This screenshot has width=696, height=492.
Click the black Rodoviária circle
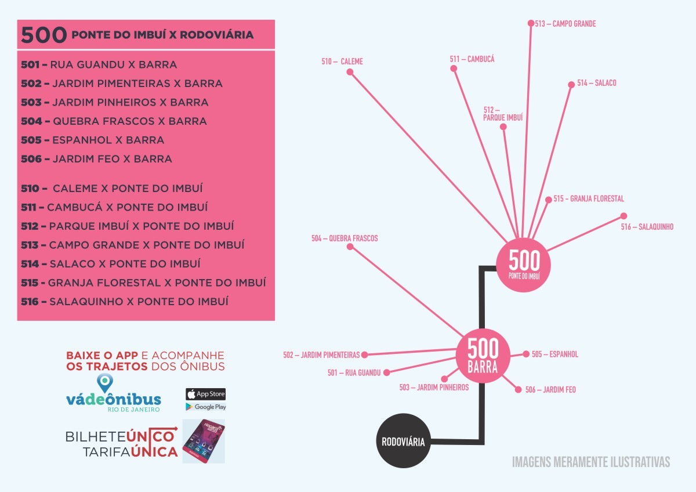tap(403, 442)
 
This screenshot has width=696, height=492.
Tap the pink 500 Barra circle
tap(483, 356)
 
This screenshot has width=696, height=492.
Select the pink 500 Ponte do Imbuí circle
tap(524, 264)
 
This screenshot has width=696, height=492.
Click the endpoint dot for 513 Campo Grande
tap(531, 23)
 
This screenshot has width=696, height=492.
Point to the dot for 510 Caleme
tap(350, 72)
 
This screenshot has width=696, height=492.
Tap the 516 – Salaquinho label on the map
tap(647, 227)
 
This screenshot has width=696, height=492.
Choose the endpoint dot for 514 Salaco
tap(571, 84)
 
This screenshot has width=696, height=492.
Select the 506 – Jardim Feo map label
tap(550, 390)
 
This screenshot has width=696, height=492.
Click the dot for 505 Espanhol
tap(526, 354)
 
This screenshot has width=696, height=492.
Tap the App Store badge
tap(205, 394)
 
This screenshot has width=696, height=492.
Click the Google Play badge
tap(205, 407)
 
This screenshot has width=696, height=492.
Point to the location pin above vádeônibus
tap(104, 382)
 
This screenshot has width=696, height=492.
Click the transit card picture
tap(204, 441)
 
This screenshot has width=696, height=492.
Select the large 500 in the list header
tap(43, 35)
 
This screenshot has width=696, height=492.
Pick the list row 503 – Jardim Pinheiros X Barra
tap(115, 102)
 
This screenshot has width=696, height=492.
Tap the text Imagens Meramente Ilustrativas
tap(591, 462)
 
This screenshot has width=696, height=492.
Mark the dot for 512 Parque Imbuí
tap(503, 126)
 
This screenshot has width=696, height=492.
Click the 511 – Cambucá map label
tap(472, 59)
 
